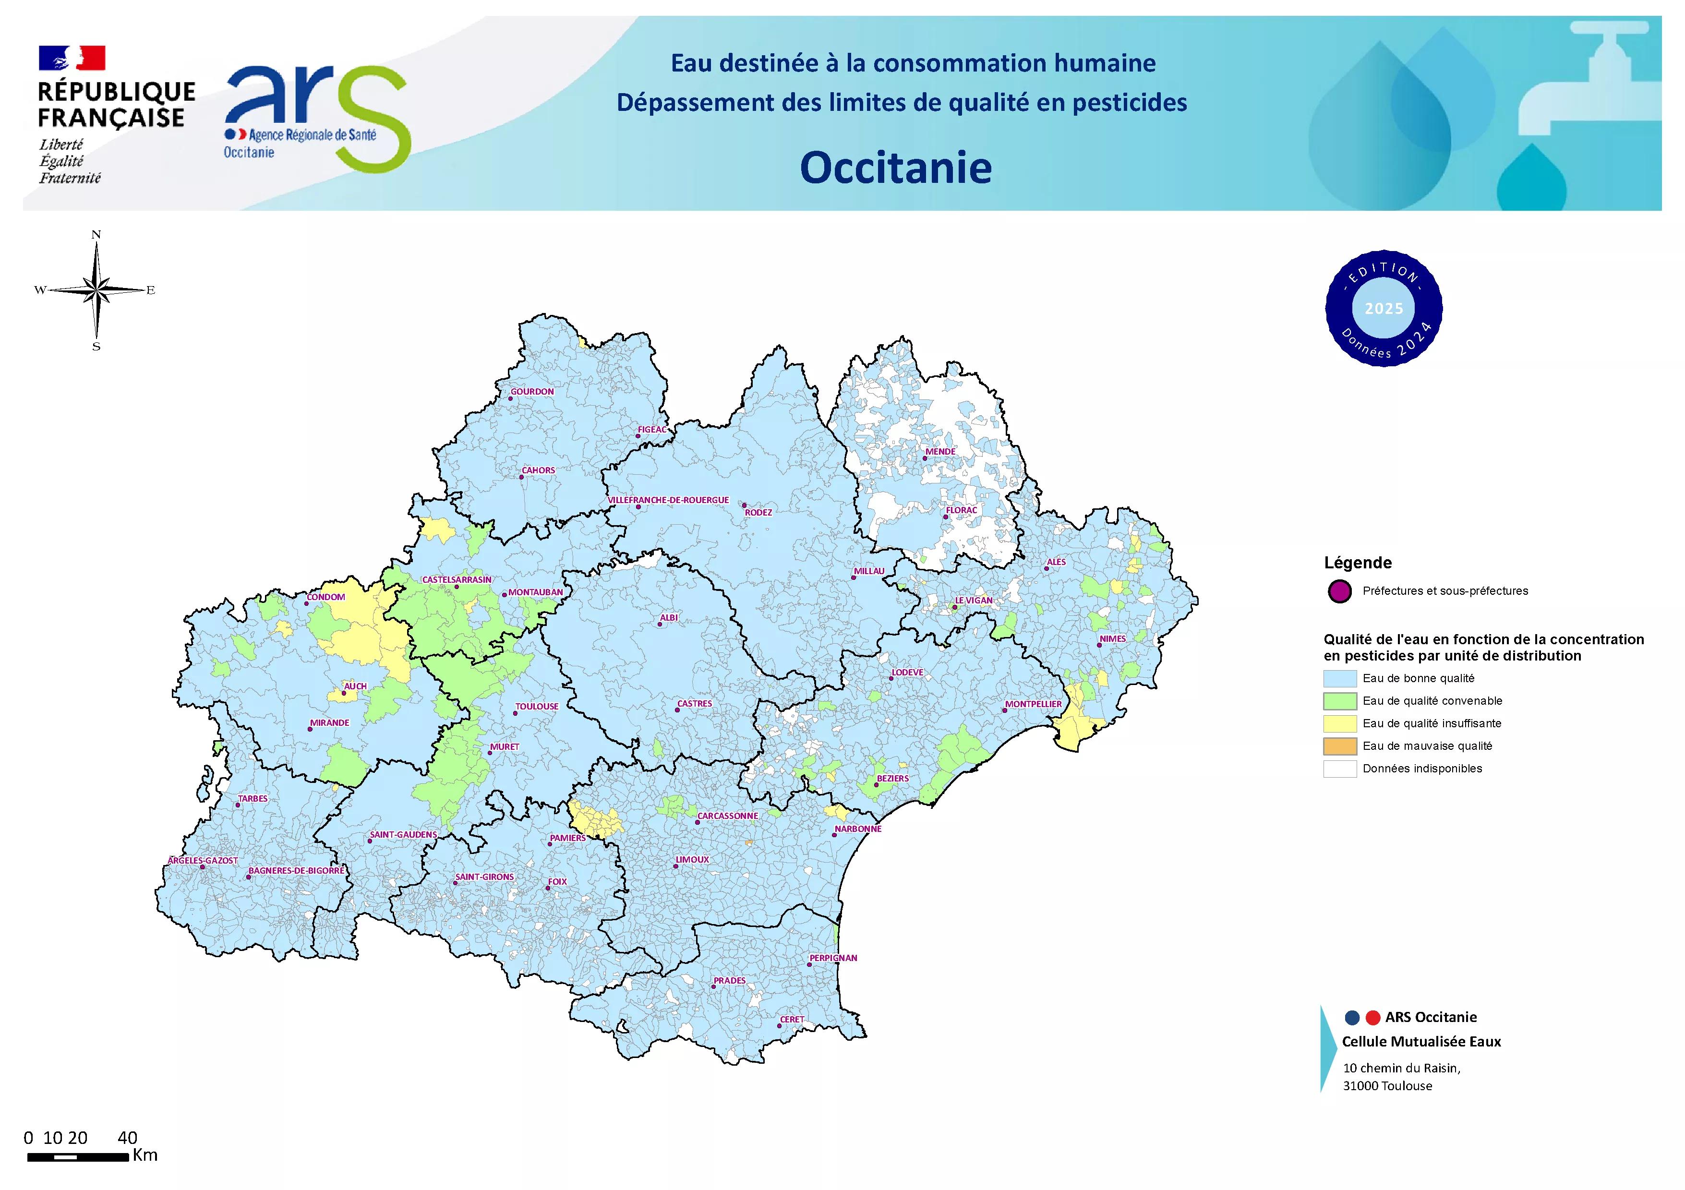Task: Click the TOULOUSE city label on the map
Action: [537, 707]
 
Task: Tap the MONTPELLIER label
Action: [1033, 704]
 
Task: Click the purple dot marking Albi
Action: [660, 625]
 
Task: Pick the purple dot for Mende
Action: [925, 458]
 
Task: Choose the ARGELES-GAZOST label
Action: [203, 861]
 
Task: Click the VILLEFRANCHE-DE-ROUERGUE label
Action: [668, 500]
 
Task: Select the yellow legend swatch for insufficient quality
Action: [1339, 723]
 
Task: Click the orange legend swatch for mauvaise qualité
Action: [1339, 746]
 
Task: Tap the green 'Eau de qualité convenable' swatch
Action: [1339, 701]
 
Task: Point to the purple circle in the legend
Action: [1339, 591]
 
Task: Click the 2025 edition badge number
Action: [1384, 309]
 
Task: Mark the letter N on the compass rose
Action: [96, 235]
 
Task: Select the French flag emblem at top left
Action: [72, 58]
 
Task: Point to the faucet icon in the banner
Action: [1600, 81]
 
